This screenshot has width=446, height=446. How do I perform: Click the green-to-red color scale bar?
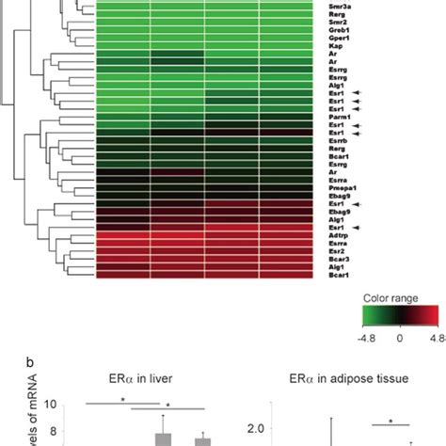pos(401,321)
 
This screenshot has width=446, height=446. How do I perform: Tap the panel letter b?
pos(6,361)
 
